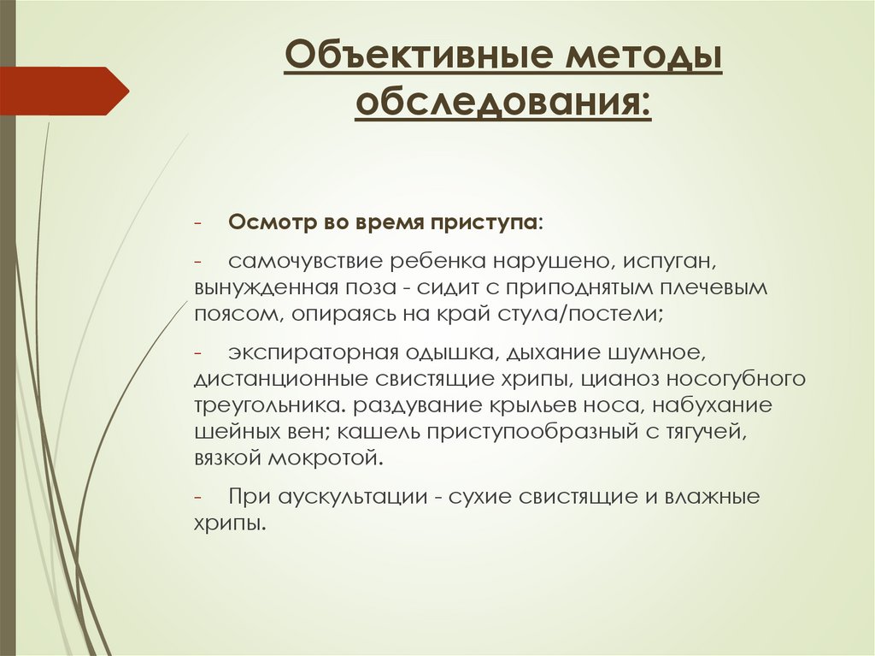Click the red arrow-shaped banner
pos(64,91)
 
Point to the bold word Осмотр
pos(267,222)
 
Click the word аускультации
pos(349,496)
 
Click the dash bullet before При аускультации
pos(197,496)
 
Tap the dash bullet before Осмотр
pos(197,222)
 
